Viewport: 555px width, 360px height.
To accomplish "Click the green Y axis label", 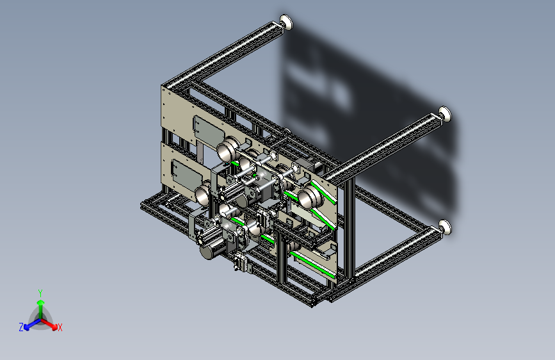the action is click(x=40, y=293).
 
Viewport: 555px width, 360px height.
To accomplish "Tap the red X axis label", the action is click(x=60, y=327).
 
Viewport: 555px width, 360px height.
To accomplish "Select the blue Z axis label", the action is click(x=21, y=327).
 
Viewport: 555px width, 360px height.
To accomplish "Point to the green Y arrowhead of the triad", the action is click(x=41, y=302).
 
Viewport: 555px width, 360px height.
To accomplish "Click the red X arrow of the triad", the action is click(x=49, y=323).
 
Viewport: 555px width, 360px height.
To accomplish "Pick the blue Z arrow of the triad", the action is click(x=33, y=324).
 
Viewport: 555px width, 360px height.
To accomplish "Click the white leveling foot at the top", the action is click(x=286, y=22).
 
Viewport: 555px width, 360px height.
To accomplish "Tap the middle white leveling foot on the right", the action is click(x=445, y=114).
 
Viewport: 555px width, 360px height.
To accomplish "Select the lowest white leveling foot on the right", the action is click(x=446, y=227).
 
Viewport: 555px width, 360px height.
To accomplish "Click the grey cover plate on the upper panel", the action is click(x=208, y=131).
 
